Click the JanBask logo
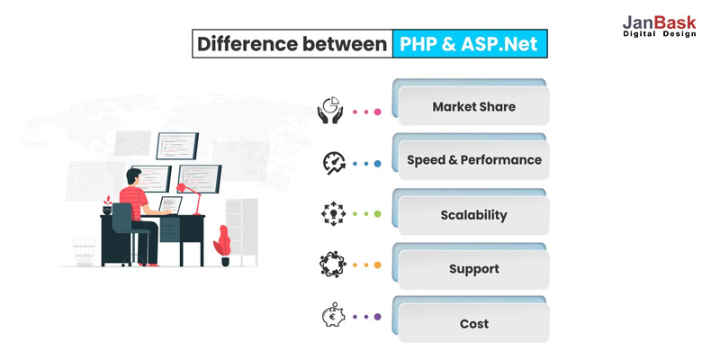point(660,26)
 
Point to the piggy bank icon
point(333,315)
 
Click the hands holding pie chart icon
point(330,110)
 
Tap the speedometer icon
point(334,163)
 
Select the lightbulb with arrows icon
point(333,214)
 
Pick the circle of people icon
point(332,265)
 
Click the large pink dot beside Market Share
point(377,112)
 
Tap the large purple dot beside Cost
point(377,317)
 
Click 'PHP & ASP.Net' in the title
point(468,44)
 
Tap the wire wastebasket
point(84,252)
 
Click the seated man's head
point(133,176)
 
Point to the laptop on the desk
point(169,205)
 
